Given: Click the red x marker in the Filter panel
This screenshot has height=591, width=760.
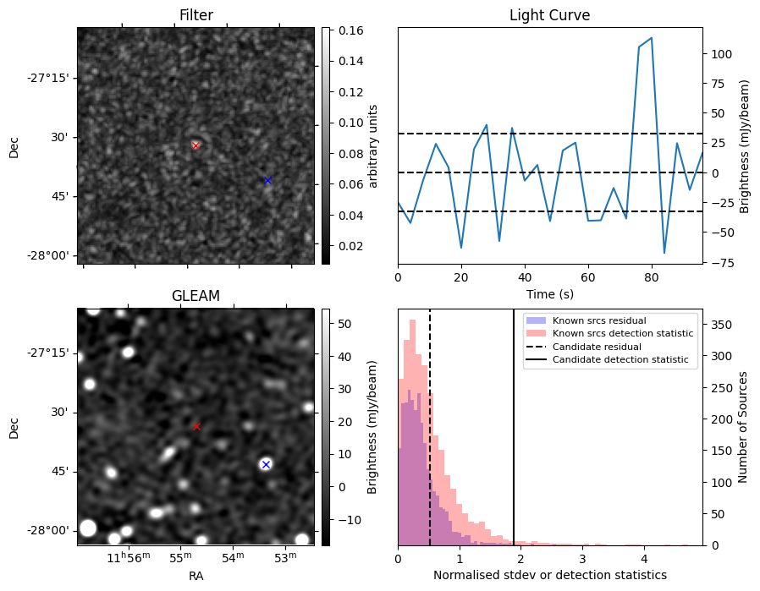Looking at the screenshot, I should (x=196, y=145).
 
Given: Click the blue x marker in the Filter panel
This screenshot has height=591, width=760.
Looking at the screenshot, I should (x=267, y=180).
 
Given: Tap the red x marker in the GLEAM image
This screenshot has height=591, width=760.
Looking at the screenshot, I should (x=196, y=426).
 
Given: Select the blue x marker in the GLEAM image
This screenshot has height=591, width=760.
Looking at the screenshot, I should (x=266, y=464).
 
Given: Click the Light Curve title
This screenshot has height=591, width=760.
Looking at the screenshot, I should (x=549, y=15).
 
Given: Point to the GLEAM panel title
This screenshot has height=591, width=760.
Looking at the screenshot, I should (x=196, y=296).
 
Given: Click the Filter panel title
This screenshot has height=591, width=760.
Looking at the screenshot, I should (x=196, y=15).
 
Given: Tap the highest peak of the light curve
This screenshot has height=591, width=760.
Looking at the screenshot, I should (x=651, y=38).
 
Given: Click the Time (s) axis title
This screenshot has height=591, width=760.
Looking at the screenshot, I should (x=549, y=293).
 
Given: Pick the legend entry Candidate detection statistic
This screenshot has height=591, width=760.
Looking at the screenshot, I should (x=620, y=360).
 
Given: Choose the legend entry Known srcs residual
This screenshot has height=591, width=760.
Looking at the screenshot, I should (x=598, y=320).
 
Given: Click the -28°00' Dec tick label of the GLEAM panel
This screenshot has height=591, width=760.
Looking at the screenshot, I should (x=46, y=530).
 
